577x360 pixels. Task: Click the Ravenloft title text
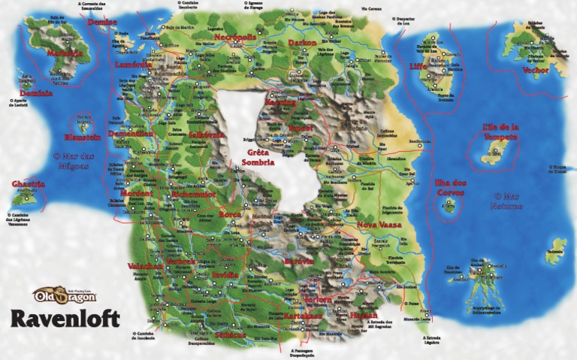65,317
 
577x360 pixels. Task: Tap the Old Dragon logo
64,294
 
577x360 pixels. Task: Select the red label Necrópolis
234,37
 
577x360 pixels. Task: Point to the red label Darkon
303,43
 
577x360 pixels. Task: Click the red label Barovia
298,259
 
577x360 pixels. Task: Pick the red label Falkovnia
207,135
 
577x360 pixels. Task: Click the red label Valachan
146,267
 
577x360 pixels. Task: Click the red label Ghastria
29,184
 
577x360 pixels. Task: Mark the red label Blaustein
83,138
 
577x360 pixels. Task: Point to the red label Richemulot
193,194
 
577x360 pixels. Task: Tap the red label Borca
229,215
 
